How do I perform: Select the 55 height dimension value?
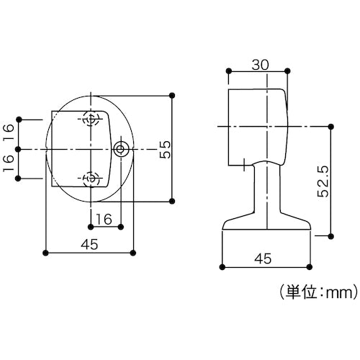(x=164, y=148)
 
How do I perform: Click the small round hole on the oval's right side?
(x=120, y=149)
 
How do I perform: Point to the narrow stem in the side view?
(x=267, y=191)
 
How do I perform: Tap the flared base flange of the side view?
(x=267, y=225)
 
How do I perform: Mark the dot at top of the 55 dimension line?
(x=173, y=94)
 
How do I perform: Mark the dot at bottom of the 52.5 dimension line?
(x=330, y=235)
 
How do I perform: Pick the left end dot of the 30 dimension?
(x=229, y=70)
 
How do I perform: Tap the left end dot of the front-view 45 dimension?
(x=46, y=253)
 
